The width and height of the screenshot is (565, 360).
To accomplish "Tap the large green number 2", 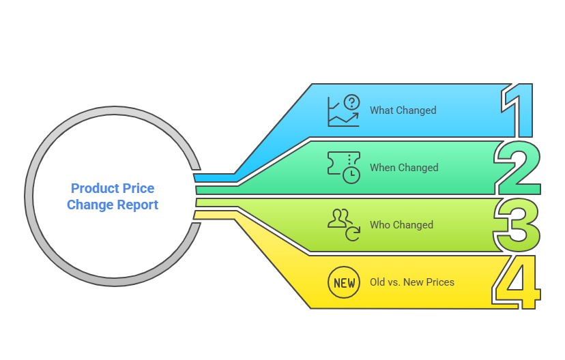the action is [x=519, y=168].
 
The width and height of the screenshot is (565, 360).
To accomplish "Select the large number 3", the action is [x=518, y=225].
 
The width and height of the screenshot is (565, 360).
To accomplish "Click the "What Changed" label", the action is [x=403, y=110].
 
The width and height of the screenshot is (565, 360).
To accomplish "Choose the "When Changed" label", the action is [x=404, y=168].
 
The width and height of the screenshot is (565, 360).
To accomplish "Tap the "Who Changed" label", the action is [x=401, y=225].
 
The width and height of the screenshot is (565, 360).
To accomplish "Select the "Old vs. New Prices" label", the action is [x=412, y=282].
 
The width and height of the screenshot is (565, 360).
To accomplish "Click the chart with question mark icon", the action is [x=343, y=111].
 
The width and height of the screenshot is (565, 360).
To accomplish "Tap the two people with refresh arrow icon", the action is [x=343, y=224].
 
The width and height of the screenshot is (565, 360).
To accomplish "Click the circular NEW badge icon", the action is [x=343, y=282].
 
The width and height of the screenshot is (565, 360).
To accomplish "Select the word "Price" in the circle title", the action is [x=139, y=189].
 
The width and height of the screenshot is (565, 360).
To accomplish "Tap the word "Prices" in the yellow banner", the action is [x=441, y=282].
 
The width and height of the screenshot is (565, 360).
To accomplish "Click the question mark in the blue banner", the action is [x=351, y=102].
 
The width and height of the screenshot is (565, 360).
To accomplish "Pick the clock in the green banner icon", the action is [x=351, y=175].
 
